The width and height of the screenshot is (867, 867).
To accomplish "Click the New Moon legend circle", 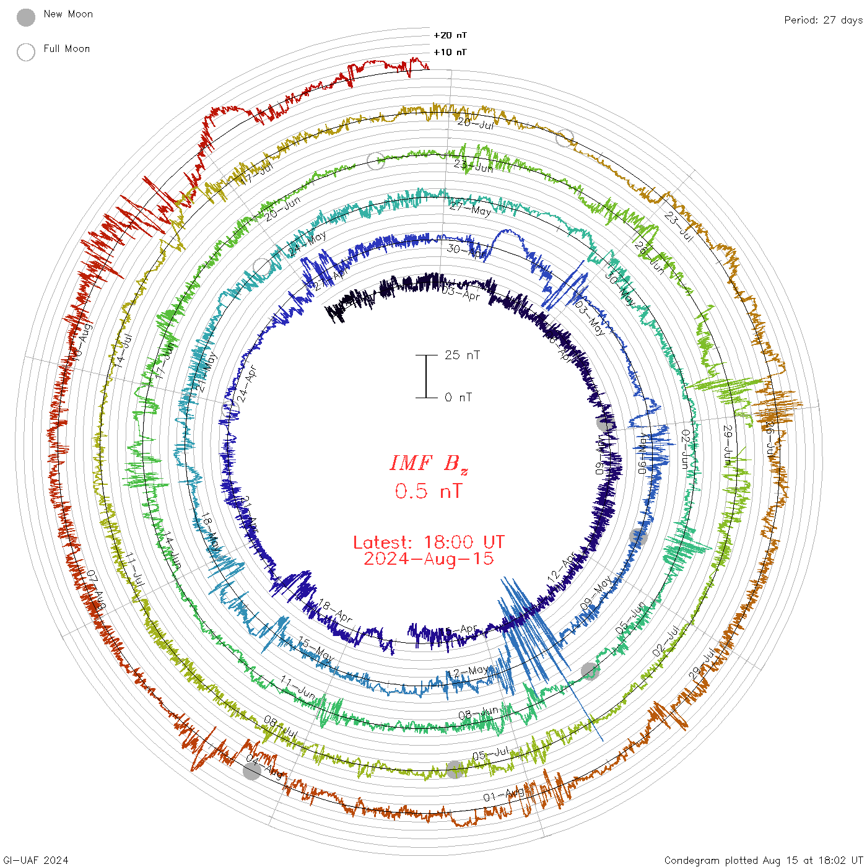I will pyautogui.click(x=26, y=17).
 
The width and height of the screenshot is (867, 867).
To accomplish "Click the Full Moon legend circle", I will pyautogui.click(x=26, y=52).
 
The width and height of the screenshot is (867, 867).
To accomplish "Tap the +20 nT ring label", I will pyautogui.click(x=450, y=35).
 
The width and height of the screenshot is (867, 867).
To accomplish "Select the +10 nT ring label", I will pyautogui.click(x=450, y=52).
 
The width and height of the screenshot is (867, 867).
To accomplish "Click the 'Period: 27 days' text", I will pyautogui.click(x=823, y=20).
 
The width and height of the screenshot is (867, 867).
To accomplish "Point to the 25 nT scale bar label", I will pyautogui.click(x=462, y=355).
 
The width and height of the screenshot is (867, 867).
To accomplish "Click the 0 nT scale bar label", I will pyautogui.click(x=458, y=397).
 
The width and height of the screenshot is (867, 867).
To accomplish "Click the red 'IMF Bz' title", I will pyautogui.click(x=429, y=463).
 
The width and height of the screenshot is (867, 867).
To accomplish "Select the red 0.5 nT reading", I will pyautogui.click(x=429, y=491).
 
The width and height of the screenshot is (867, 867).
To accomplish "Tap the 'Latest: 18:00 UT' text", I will pyautogui.click(x=429, y=542).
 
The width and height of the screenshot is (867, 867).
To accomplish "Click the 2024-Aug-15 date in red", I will pyautogui.click(x=429, y=559).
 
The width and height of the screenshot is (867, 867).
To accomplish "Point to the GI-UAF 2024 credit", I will pyautogui.click(x=35, y=860).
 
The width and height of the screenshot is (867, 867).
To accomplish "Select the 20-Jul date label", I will pyautogui.click(x=476, y=124).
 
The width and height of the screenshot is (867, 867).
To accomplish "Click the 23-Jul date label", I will pyautogui.click(x=678, y=226).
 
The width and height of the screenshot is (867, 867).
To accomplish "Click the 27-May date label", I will pyautogui.click(x=470, y=210).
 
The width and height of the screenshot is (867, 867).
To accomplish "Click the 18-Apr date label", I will pyautogui.click(x=335, y=611).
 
